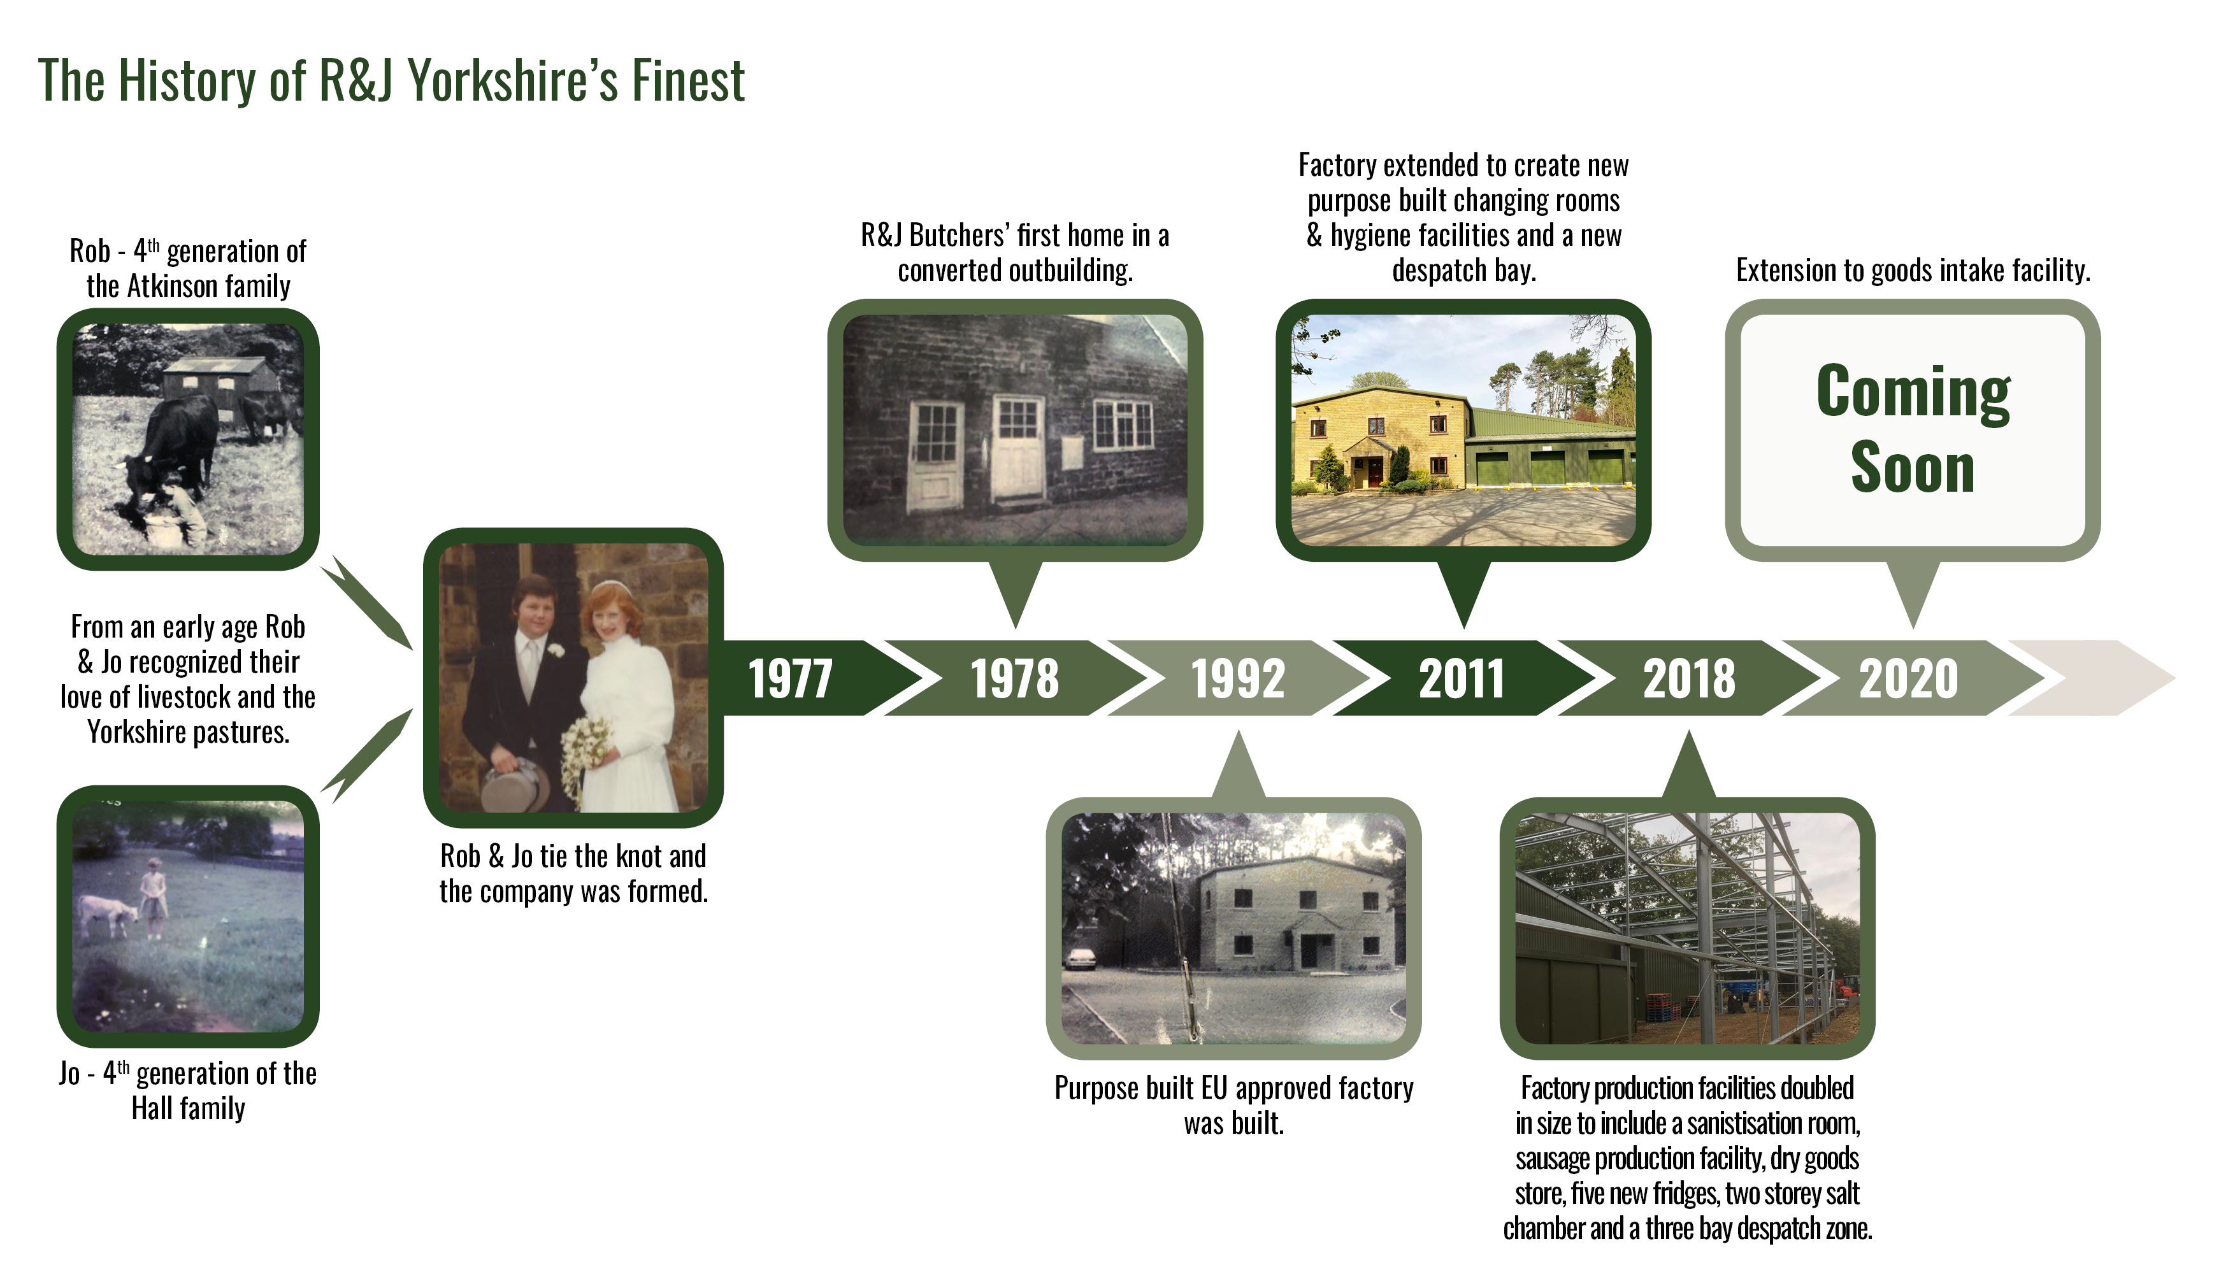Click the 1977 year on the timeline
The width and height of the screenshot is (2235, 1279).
[x=790, y=678]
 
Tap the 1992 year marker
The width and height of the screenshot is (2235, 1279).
[x=1238, y=678]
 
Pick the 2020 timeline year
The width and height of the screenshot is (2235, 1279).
[x=1909, y=678]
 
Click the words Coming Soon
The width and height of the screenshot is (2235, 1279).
[x=1913, y=429]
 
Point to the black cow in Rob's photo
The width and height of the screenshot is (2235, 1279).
[x=171, y=448]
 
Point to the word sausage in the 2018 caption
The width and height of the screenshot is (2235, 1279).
[x=1553, y=1159]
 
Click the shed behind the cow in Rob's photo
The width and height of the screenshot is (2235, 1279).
[x=220, y=384]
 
